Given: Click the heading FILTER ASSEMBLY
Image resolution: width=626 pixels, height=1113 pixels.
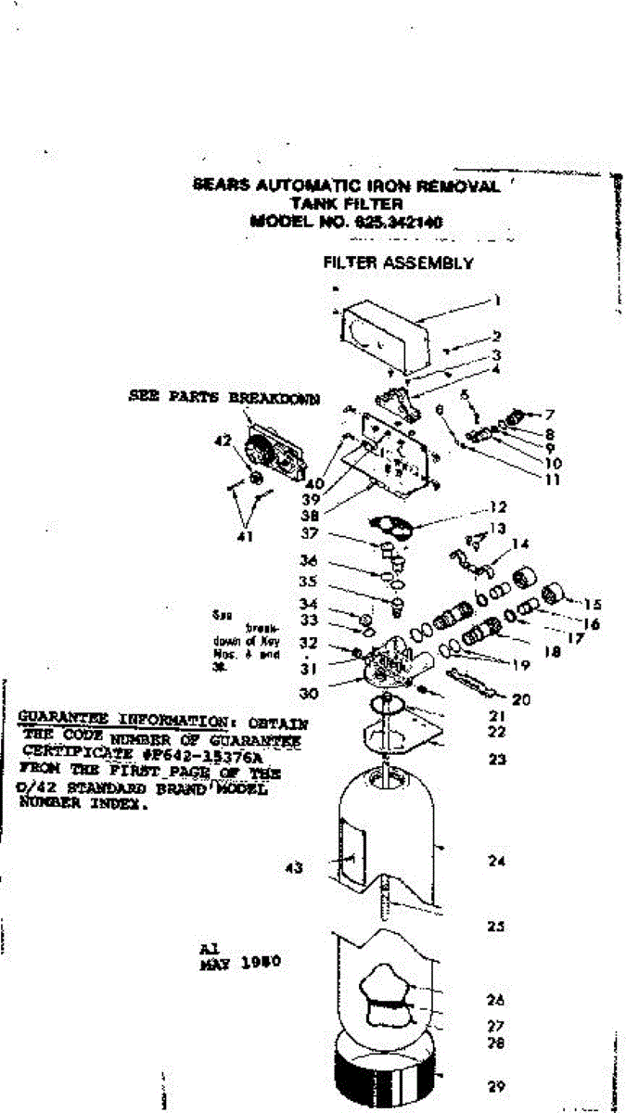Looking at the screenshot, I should click(398, 262).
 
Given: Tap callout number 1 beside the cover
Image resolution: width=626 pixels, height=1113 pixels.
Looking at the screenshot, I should click(498, 300).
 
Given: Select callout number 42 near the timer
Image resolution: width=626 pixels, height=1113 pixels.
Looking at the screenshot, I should click(223, 441).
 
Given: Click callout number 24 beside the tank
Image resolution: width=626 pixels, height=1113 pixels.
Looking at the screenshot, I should click(496, 861).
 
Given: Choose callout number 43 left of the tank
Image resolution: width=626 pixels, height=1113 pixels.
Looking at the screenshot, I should click(294, 868).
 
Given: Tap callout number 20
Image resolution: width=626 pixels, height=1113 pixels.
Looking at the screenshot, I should click(521, 699).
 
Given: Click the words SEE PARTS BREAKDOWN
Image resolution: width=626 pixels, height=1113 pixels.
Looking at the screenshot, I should click(224, 398).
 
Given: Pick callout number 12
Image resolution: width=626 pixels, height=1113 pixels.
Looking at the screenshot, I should click(498, 507).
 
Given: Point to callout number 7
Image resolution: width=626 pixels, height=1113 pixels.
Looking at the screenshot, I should click(549, 414).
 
